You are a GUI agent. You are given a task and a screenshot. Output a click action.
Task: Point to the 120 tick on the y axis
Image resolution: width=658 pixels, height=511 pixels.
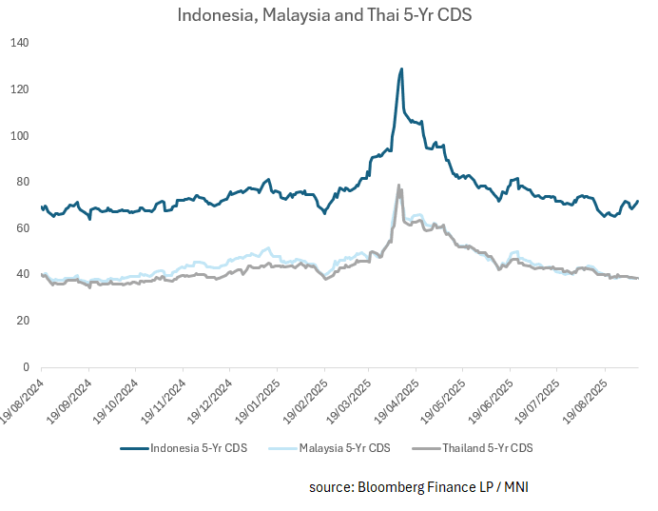(x=21, y=89)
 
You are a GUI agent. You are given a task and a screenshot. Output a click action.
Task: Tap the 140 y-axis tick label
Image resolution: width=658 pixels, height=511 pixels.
(x=21, y=43)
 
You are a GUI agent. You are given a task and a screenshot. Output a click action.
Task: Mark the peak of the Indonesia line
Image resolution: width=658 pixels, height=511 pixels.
(x=401, y=69)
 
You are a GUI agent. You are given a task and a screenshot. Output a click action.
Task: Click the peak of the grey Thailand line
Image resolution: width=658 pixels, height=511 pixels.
(x=398, y=185)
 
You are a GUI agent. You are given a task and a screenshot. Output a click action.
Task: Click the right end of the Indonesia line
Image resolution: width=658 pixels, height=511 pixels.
(x=638, y=201)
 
